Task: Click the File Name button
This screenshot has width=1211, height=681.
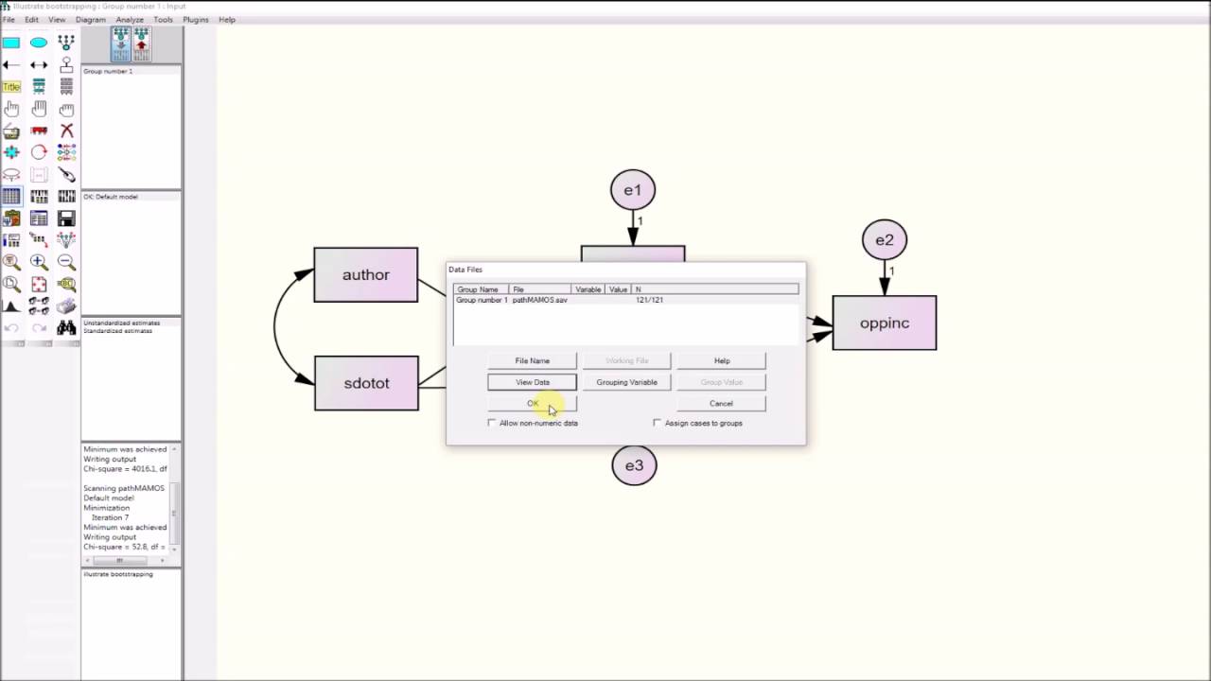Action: point(532,360)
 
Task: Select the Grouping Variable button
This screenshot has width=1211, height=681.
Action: point(626,382)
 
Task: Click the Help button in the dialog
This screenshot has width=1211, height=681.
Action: point(721,360)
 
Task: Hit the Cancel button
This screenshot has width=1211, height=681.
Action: point(721,404)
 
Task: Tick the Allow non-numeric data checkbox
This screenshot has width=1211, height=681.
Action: point(492,423)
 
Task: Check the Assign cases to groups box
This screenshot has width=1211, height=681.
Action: point(658,423)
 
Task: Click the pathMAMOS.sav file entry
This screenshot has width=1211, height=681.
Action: point(540,300)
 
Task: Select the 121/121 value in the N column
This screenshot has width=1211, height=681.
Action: point(649,300)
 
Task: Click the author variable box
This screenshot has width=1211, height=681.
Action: point(365,275)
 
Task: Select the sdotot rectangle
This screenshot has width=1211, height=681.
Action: point(366,383)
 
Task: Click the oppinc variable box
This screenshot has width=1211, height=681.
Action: point(884,323)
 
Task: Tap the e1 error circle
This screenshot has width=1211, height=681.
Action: point(633,190)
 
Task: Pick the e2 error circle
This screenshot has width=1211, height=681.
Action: point(885,240)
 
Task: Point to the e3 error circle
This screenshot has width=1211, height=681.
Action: point(634,465)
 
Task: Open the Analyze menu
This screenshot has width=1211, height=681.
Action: point(130,20)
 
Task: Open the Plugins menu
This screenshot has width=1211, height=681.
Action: point(196,20)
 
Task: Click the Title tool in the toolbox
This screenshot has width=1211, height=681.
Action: point(11,87)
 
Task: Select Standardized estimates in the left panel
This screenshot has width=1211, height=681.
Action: point(118,331)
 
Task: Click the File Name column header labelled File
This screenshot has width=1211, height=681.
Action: point(518,289)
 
